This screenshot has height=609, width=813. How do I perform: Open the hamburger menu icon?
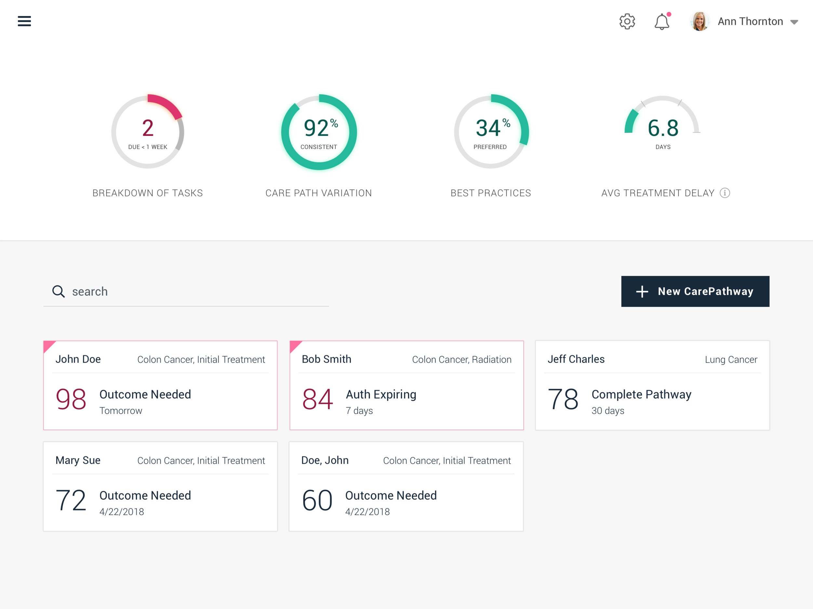tap(24, 21)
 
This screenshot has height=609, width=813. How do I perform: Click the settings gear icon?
tap(627, 21)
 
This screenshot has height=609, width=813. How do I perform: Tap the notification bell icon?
tap(662, 21)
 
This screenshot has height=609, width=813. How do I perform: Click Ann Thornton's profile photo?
tap(700, 21)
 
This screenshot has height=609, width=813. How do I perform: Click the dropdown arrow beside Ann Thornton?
tap(794, 22)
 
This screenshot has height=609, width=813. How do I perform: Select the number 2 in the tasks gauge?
tap(148, 128)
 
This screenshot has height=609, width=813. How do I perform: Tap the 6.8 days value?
tap(663, 128)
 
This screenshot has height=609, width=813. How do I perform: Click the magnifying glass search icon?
tap(59, 291)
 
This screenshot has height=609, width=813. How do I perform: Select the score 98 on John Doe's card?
tap(71, 399)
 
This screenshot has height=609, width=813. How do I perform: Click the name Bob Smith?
tap(327, 359)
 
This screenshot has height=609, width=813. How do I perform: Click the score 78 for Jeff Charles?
tap(563, 399)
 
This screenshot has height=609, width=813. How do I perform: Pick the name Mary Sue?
tap(78, 460)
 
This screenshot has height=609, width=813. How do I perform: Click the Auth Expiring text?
tap(381, 395)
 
